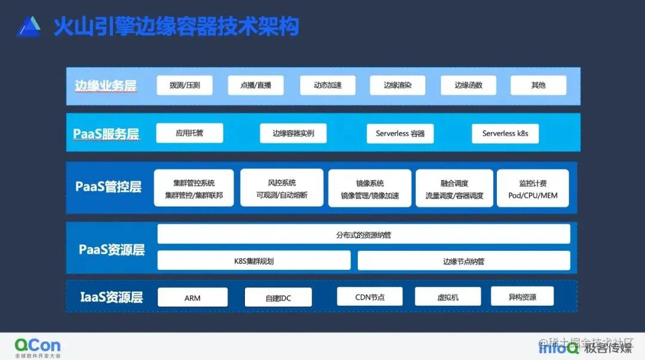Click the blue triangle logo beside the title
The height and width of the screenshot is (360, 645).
tap(29, 26)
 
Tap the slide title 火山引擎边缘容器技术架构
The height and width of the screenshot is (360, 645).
tap(176, 27)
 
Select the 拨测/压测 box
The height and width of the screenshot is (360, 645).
tap(185, 85)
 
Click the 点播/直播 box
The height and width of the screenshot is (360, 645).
tap(256, 85)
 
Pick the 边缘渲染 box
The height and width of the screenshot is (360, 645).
tap(398, 85)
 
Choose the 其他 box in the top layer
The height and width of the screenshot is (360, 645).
tap(538, 85)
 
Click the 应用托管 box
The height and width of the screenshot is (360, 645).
tap(189, 133)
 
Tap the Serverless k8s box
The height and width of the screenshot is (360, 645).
tap(505, 134)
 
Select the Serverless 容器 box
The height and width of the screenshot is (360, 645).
tap(400, 134)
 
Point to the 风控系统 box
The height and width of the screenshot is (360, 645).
tap(282, 188)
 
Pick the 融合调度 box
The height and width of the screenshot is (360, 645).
tap(454, 188)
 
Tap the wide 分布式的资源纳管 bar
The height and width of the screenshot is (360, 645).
tap(364, 234)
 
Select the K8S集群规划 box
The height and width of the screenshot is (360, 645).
tap(254, 261)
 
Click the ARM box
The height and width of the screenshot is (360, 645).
tap(192, 297)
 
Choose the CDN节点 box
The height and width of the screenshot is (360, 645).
tap(370, 297)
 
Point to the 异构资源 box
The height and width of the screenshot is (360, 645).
tap(522, 297)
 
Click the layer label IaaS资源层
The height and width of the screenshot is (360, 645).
tap(111, 297)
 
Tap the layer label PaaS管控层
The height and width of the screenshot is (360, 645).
tap(108, 187)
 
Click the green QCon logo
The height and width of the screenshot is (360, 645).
tap(38, 346)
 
